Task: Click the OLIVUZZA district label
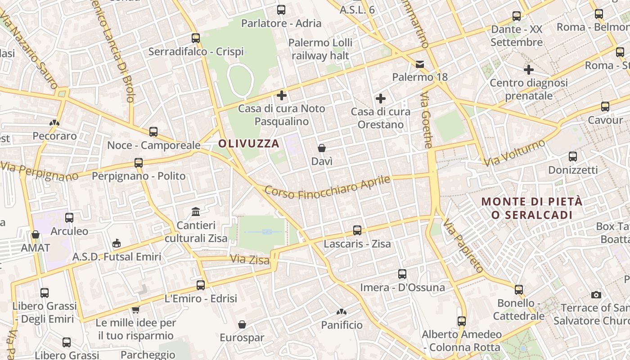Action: tap(249, 144)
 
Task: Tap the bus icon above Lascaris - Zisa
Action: tap(357, 230)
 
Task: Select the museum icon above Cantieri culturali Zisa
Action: tap(196, 211)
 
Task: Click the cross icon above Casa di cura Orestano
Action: tap(381, 99)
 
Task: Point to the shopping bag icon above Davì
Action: tap(322, 148)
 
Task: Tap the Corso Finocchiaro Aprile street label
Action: tap(327, 187)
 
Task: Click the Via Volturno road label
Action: tap(515, 153)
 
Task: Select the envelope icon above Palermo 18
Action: tap(420, 64)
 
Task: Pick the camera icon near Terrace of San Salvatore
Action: tap(596, 295)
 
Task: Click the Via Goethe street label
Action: tap(426, 120)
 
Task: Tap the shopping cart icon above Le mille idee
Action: tap(135, 310)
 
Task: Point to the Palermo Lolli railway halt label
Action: tap(320, 49)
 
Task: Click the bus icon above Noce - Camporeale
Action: tap(153, 132)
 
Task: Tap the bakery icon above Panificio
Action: tap(342, 311)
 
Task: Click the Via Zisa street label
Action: tap(250, 260)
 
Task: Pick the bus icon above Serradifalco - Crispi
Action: tap(196, 38)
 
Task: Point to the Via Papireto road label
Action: tap(463, 246)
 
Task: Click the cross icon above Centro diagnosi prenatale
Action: tap(529, 70)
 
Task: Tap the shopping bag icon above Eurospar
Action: tap(242, 324)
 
